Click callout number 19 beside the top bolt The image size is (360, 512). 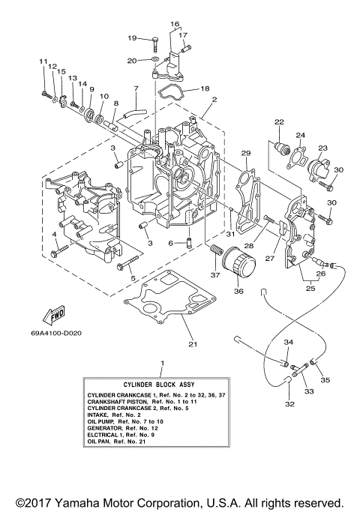(132, 37)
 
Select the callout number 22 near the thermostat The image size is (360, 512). (278, 121)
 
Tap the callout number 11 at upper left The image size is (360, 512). (43, 61)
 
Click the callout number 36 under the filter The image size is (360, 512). (239, 292)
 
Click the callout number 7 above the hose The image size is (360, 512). (136, 89)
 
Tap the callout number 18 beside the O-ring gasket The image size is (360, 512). (205, 88)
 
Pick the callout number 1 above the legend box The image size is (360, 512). (161, 363)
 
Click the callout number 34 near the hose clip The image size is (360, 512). (287, 342)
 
